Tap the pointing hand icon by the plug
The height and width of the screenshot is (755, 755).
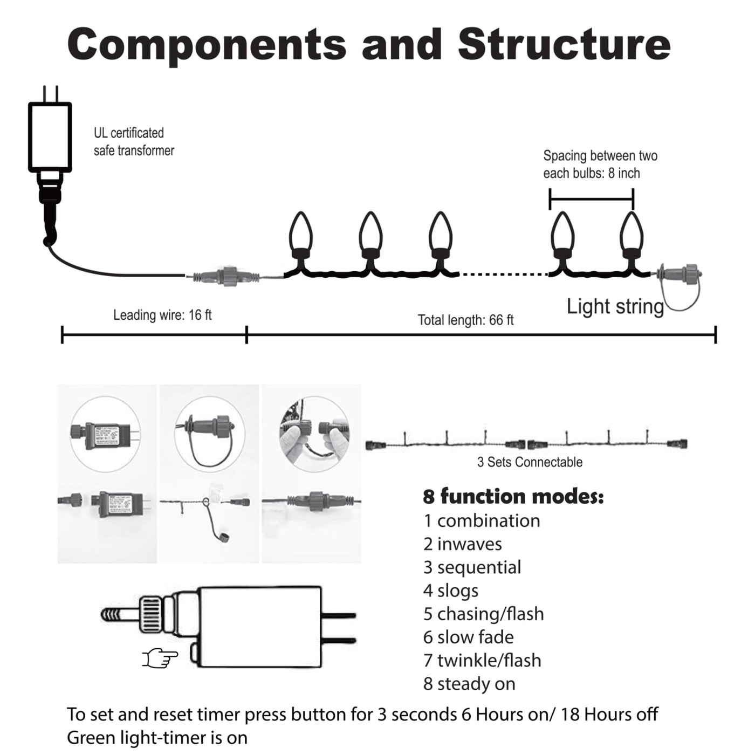(160, 657)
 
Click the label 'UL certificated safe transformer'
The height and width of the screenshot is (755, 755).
(134, 142)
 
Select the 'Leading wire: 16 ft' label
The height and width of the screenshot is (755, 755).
(162, 315)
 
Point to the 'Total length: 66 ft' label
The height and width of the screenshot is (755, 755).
(465, 320)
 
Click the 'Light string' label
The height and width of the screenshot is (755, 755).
(615, 306)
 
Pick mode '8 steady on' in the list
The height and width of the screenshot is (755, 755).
(469, 684)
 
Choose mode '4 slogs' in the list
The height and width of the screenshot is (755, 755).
(451, 591)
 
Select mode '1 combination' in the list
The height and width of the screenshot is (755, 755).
(482, 521)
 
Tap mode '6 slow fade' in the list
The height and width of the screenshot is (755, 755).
(468, 637)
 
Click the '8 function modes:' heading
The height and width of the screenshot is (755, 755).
(513, 496)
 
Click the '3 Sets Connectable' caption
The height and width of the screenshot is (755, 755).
(530, 462)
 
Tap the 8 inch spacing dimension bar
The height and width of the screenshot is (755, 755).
(591, 198)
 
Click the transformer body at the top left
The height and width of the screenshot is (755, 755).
(50, 136)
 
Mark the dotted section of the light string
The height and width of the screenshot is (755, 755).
(503, 274)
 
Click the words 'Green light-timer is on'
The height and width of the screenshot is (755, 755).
(157, 737)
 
